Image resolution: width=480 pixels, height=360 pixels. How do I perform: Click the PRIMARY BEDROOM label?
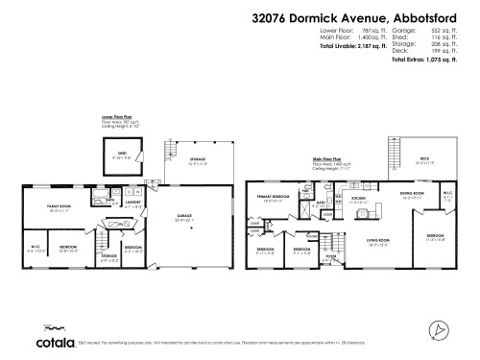pyautogui.click(x=274, y=196)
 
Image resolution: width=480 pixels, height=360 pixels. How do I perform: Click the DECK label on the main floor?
pyautogui.click(x=424, y=160)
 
